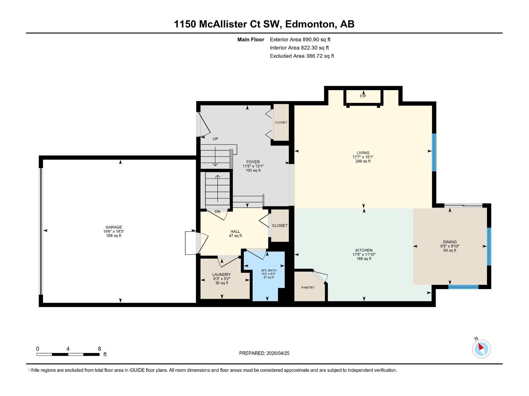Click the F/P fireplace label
click(363, 96)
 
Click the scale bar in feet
click(68, 354)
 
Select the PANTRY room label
click(308, 287)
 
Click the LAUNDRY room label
click(222, 275)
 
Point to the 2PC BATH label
click(268, 270)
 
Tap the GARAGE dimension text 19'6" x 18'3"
click(114, 231)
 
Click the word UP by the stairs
click(216, 139)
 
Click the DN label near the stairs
click(218, 212)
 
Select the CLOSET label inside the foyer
click(281, 122)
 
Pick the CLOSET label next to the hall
click(280, 225)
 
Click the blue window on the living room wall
click(434, 152)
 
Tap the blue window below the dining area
click(463, 287)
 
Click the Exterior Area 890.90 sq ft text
click(300, 40)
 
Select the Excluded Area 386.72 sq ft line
click(302, 56)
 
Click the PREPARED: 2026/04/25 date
click(264, 353)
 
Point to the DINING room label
click(450, 242)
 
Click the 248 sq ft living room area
click(363, 161)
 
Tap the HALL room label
click(235, 231)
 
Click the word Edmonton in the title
click(309, 24)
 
